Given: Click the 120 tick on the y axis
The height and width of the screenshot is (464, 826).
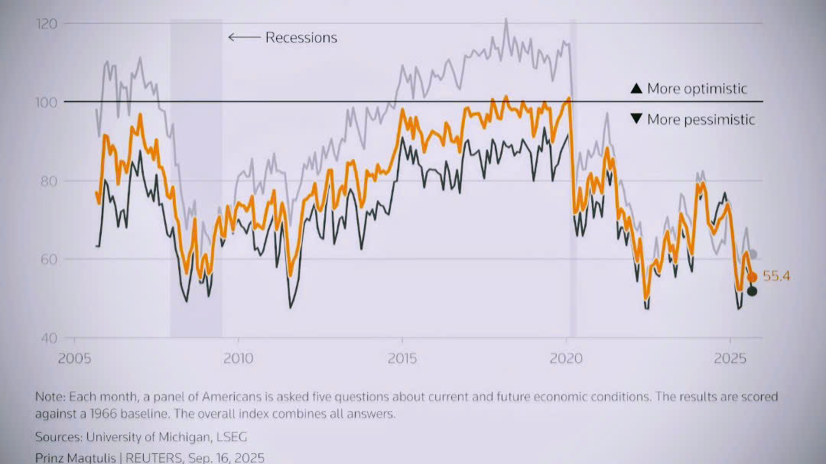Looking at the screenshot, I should [x=47, y=24].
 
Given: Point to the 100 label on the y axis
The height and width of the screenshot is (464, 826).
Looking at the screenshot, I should [x=47, y=102].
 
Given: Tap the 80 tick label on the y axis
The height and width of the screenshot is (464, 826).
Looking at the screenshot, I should [x=49, y=181].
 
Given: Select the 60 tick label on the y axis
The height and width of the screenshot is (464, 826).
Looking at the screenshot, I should [x=49, y=260].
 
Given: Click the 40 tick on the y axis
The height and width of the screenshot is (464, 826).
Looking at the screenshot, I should [x=49, y=338].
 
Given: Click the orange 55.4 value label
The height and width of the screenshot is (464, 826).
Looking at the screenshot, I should [x=776, y=277].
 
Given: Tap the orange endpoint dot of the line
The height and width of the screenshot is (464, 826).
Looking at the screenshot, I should [x=752, y=277].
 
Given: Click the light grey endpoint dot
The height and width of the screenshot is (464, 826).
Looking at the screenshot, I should [x=753, y=255].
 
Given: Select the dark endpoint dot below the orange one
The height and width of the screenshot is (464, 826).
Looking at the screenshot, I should [x=752, y=290].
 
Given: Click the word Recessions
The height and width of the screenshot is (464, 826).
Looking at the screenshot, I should [x=301, y=37].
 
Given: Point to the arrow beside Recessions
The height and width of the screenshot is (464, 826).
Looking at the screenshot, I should [x=244, y=37].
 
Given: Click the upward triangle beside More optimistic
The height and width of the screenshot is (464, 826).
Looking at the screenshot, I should [x=636, y=89].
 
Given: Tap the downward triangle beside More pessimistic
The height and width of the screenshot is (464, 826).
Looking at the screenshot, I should [x=636, y=119].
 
